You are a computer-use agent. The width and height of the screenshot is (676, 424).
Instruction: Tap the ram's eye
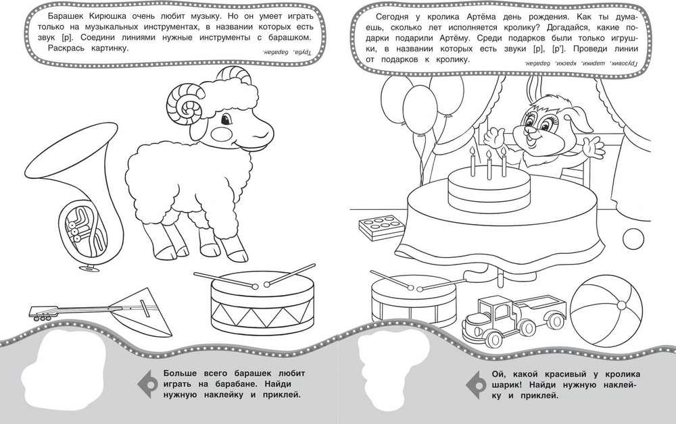click(226, 118)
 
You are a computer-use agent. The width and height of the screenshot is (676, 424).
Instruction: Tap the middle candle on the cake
click(489, 165)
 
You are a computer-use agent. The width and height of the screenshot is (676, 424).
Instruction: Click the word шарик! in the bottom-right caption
click(508, 386)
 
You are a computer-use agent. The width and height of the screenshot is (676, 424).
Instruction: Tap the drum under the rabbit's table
click(413, 299)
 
